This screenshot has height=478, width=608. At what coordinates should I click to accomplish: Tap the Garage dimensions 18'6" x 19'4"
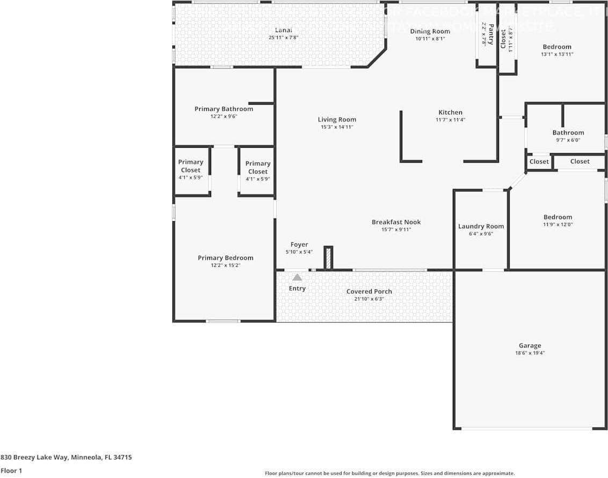[530, 353]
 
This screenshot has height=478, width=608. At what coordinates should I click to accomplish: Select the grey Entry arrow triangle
[297, 277]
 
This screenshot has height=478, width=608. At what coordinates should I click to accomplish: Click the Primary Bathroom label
[223, 109]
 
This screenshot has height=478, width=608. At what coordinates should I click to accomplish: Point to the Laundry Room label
[481, 226]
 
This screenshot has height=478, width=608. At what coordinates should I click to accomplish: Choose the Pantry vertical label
[490, 34]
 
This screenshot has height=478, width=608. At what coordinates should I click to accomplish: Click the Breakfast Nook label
[396, 222]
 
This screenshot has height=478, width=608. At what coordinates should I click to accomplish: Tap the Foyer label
[299, 244]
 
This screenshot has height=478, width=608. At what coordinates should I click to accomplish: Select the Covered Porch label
[369, 291]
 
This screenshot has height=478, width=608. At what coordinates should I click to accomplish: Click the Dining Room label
[430, 31]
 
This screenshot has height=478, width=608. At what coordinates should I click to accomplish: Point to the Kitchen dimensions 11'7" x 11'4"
[450, 120]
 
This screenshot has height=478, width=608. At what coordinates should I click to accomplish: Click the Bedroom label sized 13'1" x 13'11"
[556, 47]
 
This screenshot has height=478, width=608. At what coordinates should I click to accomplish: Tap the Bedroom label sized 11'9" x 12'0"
[558, 217]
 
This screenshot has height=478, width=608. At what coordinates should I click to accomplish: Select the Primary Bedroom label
[225, 258]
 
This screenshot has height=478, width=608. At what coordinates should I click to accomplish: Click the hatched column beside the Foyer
[328, 258]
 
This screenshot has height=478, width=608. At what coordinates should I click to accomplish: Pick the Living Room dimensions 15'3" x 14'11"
[337, 127]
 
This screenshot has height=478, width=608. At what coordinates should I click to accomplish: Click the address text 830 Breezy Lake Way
[66, 458]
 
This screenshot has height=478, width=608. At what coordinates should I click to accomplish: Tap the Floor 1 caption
[11, 470]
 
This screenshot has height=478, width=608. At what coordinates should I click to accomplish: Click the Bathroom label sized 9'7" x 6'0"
[568, 133]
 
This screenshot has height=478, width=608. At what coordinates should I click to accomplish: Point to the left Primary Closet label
[191, 165]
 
